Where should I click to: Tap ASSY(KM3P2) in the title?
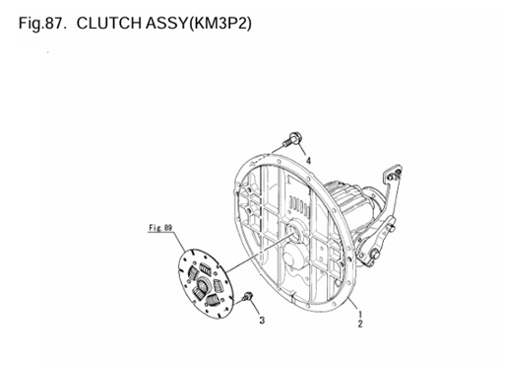(208, 21)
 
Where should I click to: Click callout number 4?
(307, 161)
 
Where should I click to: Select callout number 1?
(360, 313)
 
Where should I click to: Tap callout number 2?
(360, 324)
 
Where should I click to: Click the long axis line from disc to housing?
(251, 258)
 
